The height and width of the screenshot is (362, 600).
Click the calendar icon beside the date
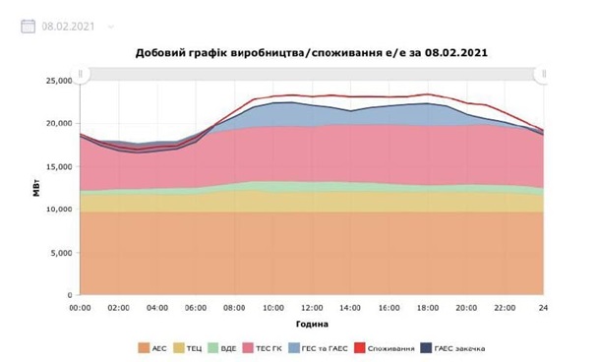point(29,26)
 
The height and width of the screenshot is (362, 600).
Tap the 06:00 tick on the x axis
point(196,308)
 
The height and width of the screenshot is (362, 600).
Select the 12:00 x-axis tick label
point(312,308)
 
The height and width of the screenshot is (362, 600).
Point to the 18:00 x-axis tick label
point(428,308)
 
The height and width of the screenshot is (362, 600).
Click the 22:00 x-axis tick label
point(505,308)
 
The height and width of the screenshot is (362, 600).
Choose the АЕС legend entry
point(155,348)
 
